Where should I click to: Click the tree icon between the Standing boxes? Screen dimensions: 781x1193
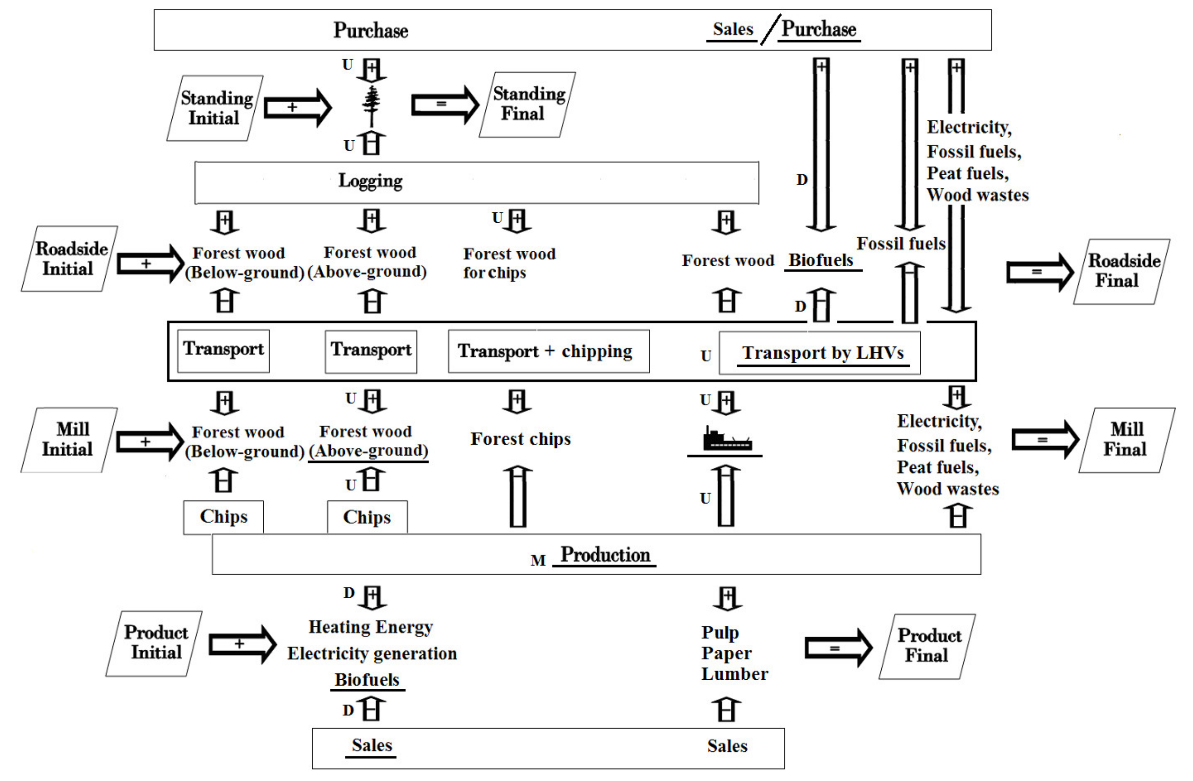coord(371,106)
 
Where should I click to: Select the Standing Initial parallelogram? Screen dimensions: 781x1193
coord(215,108)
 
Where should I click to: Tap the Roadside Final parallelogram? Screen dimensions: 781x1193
coord(1122,271)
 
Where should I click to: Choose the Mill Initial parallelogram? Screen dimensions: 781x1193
coord(69,440)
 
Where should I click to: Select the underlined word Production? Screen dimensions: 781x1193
coord(605,555)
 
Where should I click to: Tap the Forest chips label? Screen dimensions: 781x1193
coord(520,439)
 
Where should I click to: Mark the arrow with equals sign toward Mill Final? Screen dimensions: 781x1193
coord(1045,440)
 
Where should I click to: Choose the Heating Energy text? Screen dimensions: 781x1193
coord(370,627)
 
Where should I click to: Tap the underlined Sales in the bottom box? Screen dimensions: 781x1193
coord(371,745)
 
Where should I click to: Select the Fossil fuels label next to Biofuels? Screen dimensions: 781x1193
coord(901,244)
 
